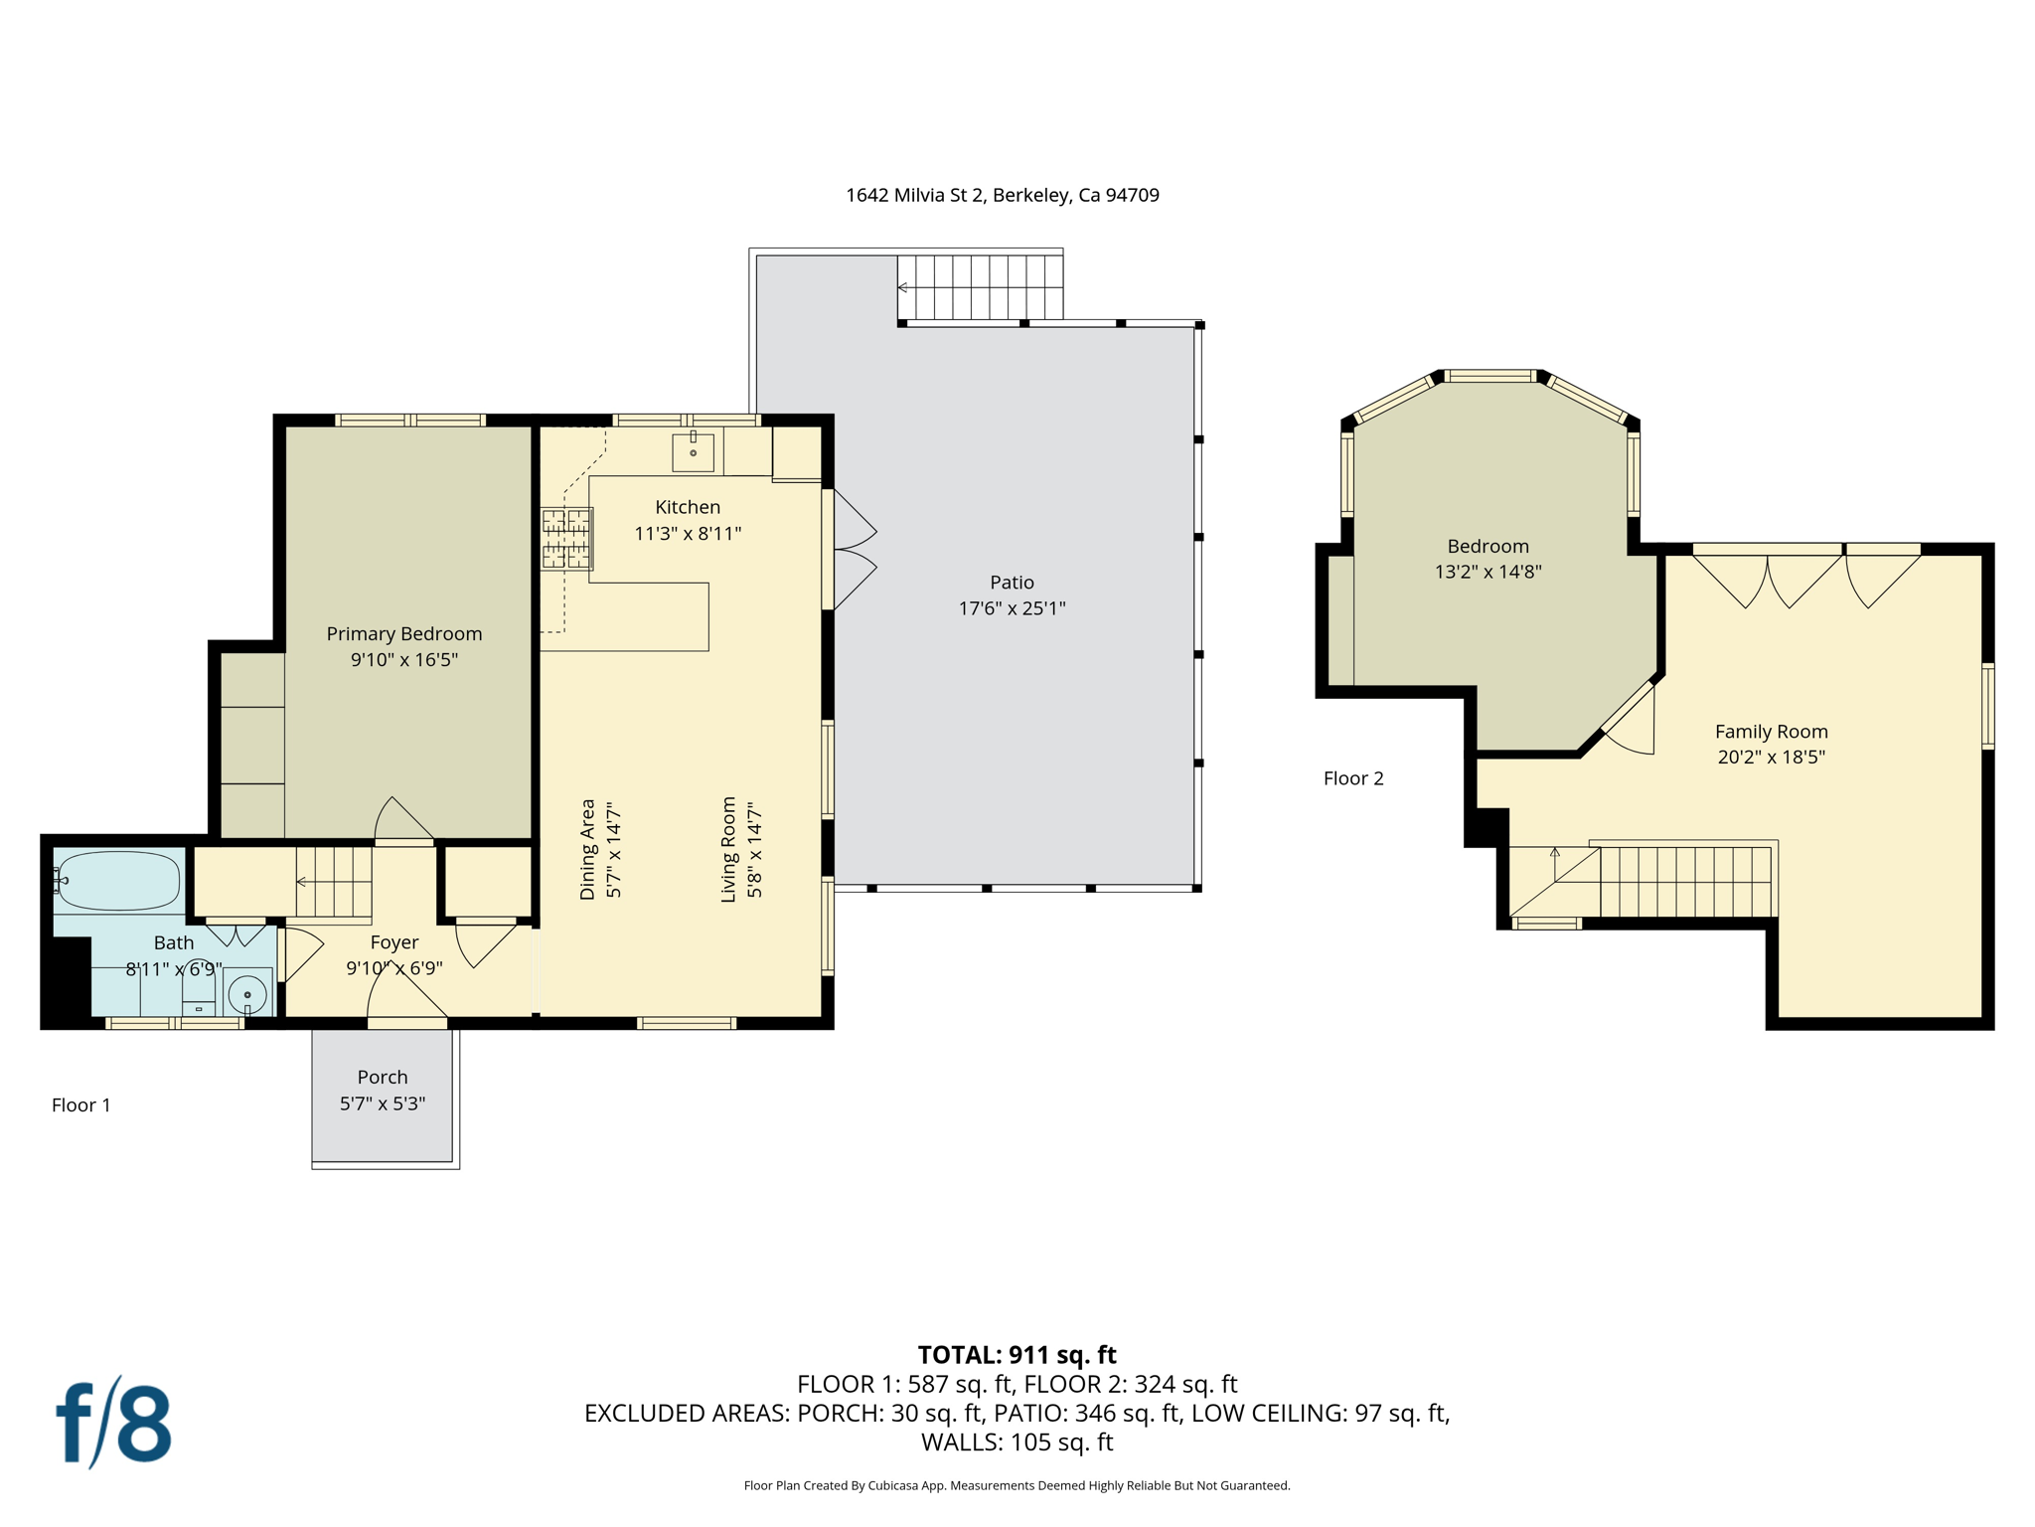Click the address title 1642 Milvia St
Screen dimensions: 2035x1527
(1003, 195)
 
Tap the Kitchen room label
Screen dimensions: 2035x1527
(688, 507)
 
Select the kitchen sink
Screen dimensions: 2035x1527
(693, 451)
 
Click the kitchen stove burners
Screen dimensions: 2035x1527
(566, 538)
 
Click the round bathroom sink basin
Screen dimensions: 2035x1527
(247, 993)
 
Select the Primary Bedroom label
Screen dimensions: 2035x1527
(404, 633)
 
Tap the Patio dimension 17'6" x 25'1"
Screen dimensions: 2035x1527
(1012, 608)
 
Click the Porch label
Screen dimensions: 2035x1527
(383, 1077)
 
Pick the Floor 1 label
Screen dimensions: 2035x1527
(81, 1104)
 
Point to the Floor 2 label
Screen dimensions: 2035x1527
(1353, 778)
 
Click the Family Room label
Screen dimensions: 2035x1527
(1772, 731)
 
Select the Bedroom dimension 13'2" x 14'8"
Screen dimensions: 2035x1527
(1488, 572)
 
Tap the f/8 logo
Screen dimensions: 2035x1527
(113, 1422)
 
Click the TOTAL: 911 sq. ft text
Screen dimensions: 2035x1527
(1017, 1355)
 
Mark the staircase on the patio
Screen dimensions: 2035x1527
(981, 287)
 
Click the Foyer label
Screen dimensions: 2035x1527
(394, 942)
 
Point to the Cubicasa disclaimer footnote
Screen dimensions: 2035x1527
(1017, 1485)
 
